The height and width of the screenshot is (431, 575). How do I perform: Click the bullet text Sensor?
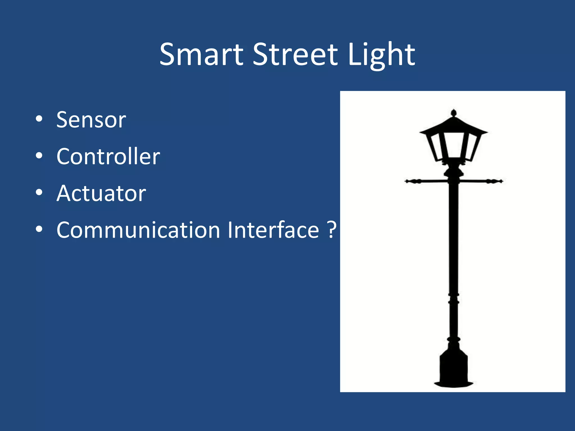(91, 120)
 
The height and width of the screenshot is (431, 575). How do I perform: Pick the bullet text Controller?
(108, 156)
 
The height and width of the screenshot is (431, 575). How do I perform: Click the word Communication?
(138, 230)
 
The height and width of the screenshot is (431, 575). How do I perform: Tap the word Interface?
(273, 230)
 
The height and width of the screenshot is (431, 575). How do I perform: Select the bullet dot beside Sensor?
(39, 119)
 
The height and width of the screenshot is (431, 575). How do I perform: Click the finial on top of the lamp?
(454, 113)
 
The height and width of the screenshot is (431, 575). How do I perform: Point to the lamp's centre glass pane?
(454, 145)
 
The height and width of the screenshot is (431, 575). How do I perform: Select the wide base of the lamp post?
(454, 368)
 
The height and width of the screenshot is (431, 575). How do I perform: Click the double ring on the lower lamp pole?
(454, 298)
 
